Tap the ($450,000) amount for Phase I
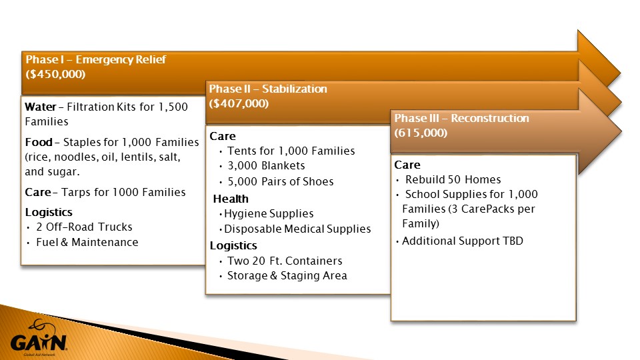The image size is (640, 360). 55,74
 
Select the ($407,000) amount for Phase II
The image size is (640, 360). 239,104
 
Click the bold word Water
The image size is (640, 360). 41,107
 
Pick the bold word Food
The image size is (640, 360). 39,142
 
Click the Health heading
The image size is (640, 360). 231,199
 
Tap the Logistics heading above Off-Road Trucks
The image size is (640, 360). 49,212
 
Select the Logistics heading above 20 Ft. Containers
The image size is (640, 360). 233,246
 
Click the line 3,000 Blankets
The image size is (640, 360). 266,166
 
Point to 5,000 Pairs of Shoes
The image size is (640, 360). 281,181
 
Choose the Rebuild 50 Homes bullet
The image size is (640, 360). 453,179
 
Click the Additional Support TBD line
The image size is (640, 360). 463,241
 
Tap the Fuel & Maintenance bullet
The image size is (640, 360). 87,243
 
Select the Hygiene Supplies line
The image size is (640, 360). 269,213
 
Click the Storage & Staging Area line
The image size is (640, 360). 287,275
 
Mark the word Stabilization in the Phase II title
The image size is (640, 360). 294,89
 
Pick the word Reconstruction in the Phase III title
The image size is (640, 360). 490,119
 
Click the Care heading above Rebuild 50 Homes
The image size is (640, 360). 407,165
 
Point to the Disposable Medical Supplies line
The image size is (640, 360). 297,229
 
